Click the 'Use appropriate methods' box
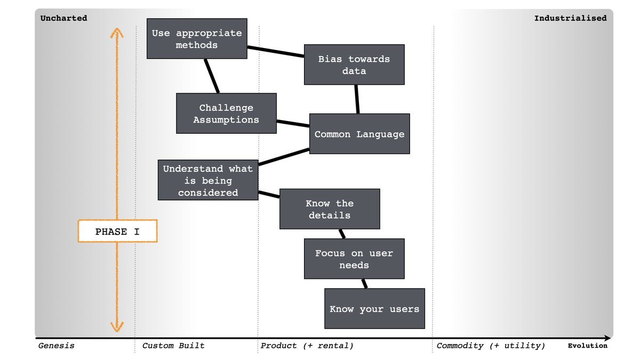point(197,39)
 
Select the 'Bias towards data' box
point(354,65)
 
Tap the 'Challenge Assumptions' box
point(226,114)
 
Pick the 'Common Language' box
point(359,134)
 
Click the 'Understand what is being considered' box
point(208,180)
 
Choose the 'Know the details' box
point(330,209)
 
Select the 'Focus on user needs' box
point(354,259)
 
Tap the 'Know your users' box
point(374,309)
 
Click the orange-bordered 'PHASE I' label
point(118,231)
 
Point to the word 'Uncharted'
point(63,18)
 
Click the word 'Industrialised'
point(570,18)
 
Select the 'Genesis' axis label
point(57,346)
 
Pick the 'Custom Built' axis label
point(173,346)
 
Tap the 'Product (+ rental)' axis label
point(307,346)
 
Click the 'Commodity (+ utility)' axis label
point(491,346)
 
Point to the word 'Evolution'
point(587,346)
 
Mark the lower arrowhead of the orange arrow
point(117,326)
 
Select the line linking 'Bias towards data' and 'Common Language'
point(356,99)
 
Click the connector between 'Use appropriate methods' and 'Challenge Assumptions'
point(212,76)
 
